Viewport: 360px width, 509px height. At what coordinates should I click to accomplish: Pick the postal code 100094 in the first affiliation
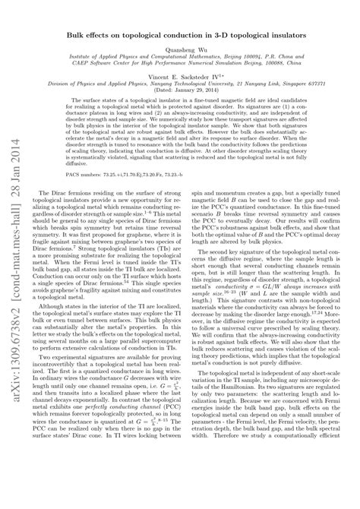pos(242,60)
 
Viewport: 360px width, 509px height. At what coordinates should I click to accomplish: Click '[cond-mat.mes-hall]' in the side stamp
pos(14,295)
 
